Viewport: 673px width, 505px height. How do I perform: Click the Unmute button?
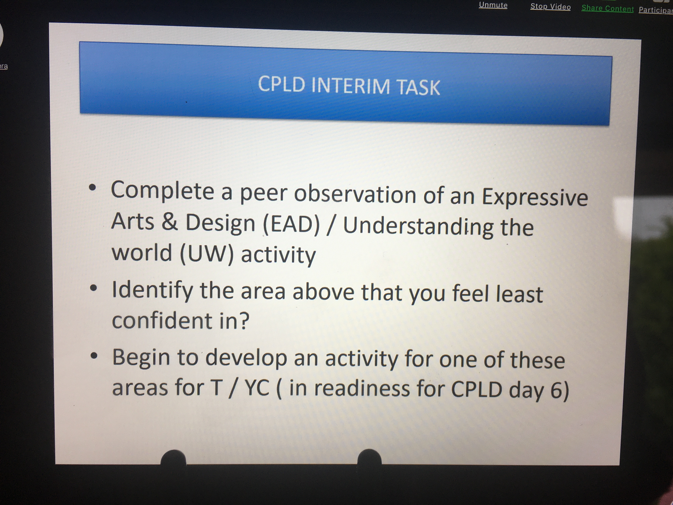pyautogui.click(x=493, y=5)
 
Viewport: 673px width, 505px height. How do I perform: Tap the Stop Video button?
pyautogui.click(x=550, y=7)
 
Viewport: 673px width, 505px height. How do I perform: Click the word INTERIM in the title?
pyautogui.click(x=351, y=86)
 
